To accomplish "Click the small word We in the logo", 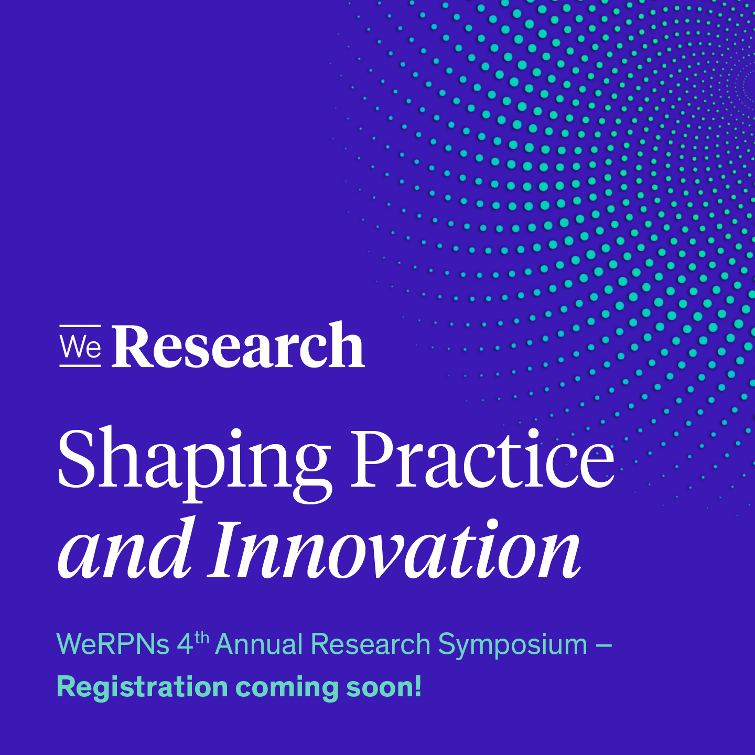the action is click(80, 346).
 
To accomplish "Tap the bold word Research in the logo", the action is click(238, 345).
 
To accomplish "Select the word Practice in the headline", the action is click(482, 458).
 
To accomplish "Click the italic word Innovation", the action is click(394, 549).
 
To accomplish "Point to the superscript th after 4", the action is click(202, 638).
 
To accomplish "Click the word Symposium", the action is click(512, 646).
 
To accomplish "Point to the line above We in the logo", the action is click(80, 326).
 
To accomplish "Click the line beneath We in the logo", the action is click(80, 365).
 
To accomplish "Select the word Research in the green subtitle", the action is click(371, 644).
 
